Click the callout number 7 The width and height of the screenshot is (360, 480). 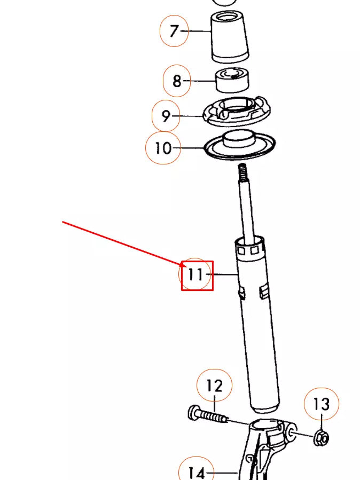[x=174, y=31]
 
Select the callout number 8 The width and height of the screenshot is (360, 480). [x=177, y=81]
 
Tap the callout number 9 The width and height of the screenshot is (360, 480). [x=166, y=116]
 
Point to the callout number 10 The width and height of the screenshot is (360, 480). [x=163, y=148]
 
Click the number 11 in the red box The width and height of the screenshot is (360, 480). [x=195, y=275]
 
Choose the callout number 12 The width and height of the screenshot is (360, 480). [x=214, y=385]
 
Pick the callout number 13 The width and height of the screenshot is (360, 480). [x=322, y=405]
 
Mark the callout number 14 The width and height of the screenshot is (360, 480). [x=197, y=473]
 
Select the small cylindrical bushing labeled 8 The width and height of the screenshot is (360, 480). [x=232, y=81]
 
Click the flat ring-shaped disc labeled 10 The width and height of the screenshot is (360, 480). [x=240, y=145]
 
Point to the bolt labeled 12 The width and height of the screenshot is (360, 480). [x=208, y=415]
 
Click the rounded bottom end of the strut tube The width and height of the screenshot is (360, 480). [x=265, y=408]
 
